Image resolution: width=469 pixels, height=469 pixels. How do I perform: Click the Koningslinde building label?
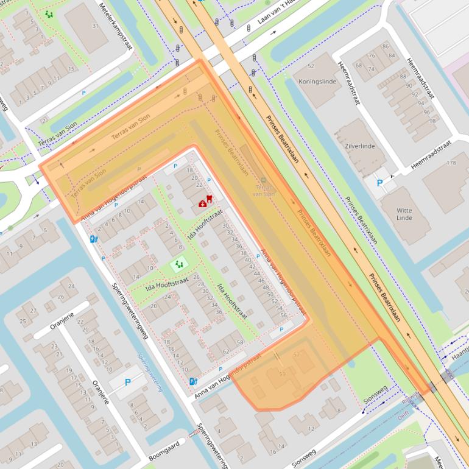[317, 81]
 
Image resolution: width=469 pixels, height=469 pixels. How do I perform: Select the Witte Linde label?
[404, 213]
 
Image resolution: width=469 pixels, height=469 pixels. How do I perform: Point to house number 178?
[451, 163]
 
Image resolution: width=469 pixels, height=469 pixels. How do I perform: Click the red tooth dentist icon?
[210, 199]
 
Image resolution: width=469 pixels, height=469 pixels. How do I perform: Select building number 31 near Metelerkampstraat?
[95, 26]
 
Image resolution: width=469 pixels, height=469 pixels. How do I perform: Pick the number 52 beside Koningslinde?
[311, 66]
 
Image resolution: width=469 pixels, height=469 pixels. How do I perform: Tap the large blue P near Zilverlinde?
[380, 183]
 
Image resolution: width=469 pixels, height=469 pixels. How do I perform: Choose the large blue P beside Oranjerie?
[128, 383]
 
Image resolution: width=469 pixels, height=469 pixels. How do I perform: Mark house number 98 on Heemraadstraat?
[432, 120]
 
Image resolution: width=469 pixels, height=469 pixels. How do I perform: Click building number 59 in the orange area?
[282, 373]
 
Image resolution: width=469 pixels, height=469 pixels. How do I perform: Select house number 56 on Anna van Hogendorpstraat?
[283, 315]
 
